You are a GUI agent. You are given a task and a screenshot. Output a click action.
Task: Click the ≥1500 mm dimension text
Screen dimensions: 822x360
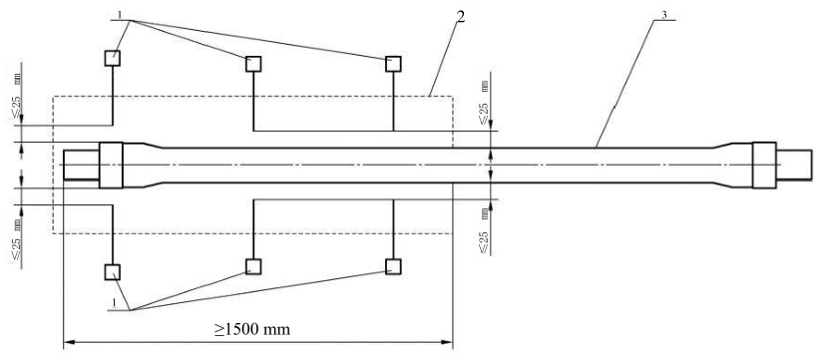(x=251, y=330)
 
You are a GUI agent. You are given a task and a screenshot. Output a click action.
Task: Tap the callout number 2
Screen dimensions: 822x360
(x=460, y=16)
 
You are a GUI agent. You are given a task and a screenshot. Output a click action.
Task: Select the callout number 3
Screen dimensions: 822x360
(x=664, y=15)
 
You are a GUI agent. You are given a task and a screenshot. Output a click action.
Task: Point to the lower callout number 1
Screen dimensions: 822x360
(x=114, y=303)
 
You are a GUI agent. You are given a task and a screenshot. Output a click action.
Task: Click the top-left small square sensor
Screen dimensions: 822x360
(x=112, y=58)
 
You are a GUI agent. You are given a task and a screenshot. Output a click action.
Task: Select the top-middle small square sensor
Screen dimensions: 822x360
(x=253, y=64)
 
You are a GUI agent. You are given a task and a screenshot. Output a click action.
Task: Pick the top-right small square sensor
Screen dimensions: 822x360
(x=393, y=64)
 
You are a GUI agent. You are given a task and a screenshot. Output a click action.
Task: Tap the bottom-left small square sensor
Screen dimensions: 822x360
(x=112, y=272)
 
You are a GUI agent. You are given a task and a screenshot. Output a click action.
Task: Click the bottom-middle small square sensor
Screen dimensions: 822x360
(x=253, y=266)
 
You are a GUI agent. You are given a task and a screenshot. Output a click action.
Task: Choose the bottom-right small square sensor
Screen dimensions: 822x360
(x=393, y=266)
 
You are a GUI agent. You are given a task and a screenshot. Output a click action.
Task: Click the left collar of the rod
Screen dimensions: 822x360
(x=111, y=166)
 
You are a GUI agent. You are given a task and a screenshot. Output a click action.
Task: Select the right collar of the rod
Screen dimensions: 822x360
(x=764, y=166)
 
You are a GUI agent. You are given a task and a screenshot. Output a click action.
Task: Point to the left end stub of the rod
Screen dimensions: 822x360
(x=81, y=166)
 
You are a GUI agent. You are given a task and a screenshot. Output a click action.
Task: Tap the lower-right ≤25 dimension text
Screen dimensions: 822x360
(x=485, y=230)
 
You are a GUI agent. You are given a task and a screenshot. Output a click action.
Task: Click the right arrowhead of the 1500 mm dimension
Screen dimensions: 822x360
(x=447, y=343)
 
